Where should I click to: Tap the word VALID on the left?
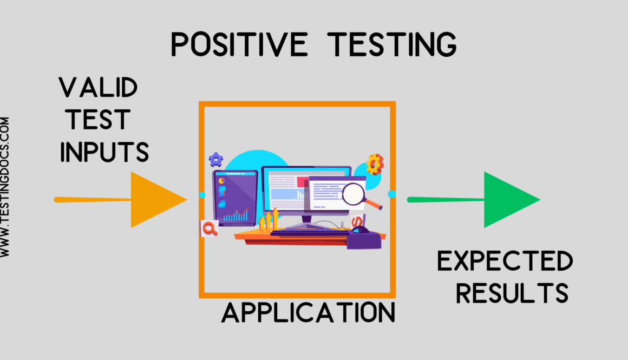pos(98,88)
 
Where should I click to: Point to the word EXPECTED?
pos(505,263)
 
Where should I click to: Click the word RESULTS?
pos(512,293)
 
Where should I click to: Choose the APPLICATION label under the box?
pos(308,312)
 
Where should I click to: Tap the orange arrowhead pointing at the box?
pos(158,199)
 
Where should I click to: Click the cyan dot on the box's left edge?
pos(202,195)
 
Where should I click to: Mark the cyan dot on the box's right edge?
pos(392,194)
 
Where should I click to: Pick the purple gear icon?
pos(216,159)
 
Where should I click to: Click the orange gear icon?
pos(375,163)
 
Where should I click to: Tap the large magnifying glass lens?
pos(355,193)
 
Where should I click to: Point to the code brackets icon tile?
pos(357,221)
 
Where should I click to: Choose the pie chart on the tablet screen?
pos(222,180)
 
